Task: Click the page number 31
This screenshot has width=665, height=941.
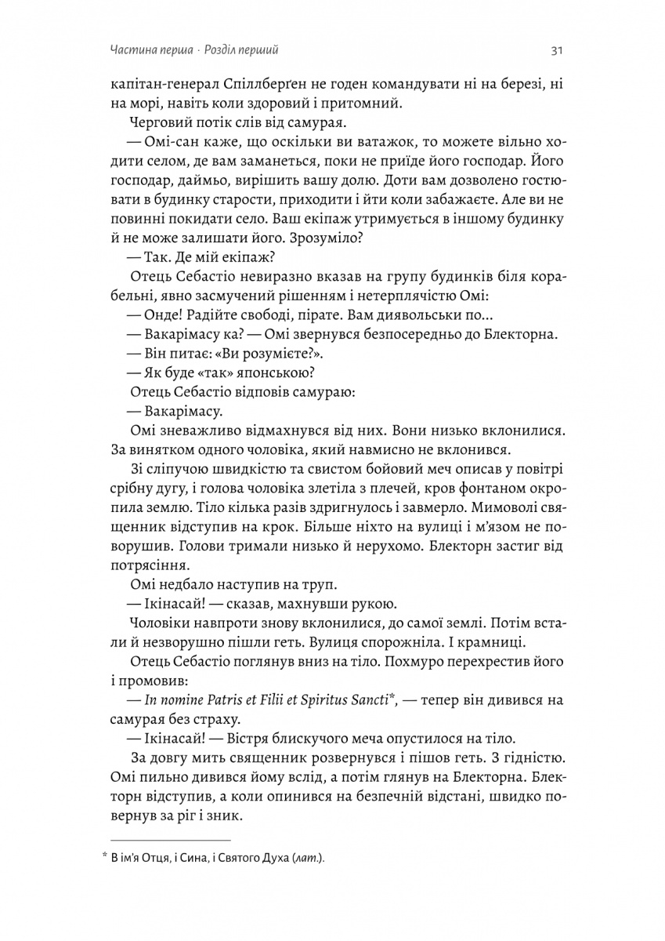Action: [558, 51]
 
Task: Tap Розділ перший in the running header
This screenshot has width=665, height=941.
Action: [241, 51]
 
